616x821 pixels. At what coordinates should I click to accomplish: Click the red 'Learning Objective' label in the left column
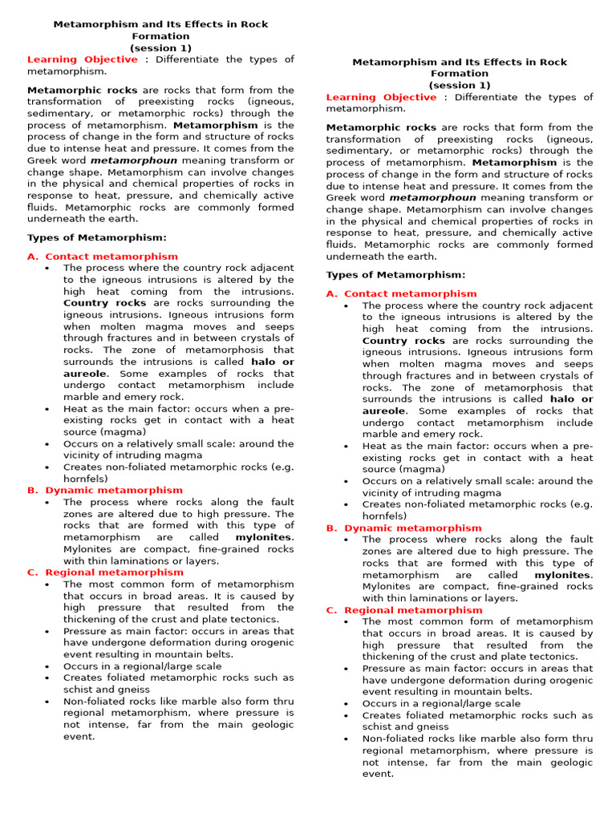[x=83, y=59]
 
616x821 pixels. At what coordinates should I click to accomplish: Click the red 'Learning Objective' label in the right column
[x=381, y=97]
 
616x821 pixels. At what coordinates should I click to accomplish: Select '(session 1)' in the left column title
[x=161, y=48]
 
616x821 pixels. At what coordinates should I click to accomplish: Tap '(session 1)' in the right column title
[x=460, y=85]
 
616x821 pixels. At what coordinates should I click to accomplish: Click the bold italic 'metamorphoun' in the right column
[x=432, y=198]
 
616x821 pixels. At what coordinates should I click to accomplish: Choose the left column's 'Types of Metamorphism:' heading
[x=97, y=237]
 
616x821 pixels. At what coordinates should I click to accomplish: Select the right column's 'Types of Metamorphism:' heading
[x=395, y=275]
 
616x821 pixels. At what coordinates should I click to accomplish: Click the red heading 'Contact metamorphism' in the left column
[x=111, y=257]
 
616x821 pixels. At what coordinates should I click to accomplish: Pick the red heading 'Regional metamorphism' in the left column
[x=114, y=572]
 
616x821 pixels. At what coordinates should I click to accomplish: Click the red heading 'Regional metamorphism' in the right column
[x=413, y=610]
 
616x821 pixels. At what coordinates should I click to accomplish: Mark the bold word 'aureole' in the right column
[x=384, y=410]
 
